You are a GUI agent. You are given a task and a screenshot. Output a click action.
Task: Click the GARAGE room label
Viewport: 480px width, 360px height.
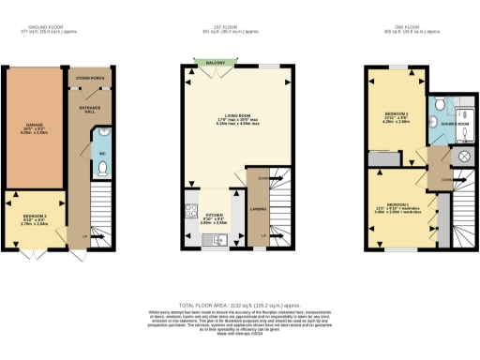click(35, 127)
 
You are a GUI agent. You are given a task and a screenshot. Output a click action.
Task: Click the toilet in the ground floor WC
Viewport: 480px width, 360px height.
click(102, 168)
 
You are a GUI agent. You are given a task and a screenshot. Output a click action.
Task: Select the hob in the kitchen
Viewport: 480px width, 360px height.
click(193, 212)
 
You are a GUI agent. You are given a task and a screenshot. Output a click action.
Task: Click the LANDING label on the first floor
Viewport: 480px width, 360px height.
click(258, 208)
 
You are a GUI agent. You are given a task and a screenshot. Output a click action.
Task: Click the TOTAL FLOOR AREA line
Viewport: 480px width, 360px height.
click(239, 306)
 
